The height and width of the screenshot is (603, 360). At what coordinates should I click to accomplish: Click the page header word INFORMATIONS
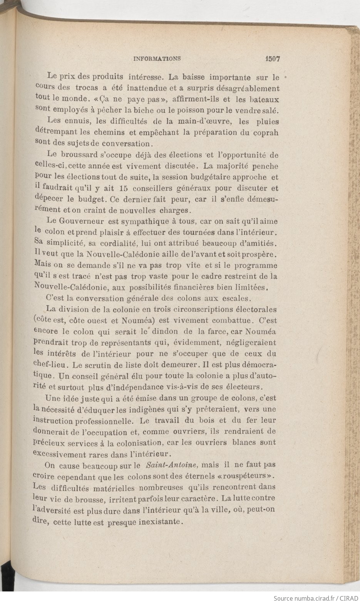(x=157, y=59)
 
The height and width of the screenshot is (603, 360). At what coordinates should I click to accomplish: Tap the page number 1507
(x=272, y=59)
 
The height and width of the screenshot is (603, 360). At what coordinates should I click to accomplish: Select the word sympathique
(x=141, y=222)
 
